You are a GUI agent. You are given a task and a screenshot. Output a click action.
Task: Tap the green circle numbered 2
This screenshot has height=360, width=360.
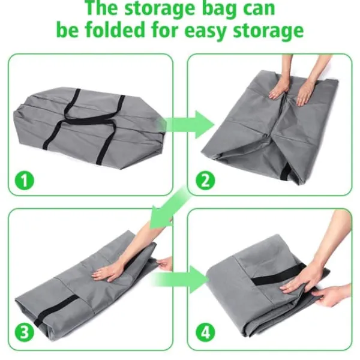tap(205, 180)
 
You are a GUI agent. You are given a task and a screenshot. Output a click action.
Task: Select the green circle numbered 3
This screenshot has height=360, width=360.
tap(25, 332)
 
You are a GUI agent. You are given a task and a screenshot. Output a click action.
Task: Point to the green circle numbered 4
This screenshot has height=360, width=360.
tap(205, 332)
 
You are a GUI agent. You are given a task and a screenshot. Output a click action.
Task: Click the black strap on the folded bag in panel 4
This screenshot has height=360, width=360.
tap(278, 274)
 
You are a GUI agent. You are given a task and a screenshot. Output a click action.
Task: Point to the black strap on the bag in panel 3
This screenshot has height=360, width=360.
tap(56, 310)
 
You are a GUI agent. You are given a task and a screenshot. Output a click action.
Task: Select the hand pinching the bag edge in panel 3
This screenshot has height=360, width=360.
tap(164, 264)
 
